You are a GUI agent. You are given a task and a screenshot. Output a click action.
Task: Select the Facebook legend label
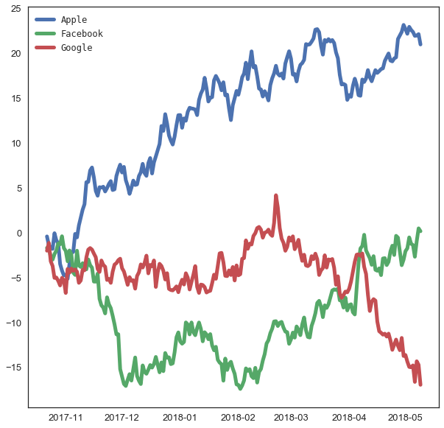82,34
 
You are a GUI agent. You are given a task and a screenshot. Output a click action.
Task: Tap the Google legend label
77,48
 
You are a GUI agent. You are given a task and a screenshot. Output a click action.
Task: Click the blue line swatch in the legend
46,19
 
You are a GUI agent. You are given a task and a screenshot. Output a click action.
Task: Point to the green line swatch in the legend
46,34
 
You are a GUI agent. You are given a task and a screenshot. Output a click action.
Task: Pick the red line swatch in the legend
46,48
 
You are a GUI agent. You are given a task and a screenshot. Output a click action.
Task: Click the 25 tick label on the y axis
15,8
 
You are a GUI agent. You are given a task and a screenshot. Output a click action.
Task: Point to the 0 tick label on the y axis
18,233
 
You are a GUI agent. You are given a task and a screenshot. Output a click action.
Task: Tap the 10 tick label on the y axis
15,143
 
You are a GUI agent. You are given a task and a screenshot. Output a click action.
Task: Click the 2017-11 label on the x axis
66,418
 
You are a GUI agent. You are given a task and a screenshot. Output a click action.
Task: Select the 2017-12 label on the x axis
122,418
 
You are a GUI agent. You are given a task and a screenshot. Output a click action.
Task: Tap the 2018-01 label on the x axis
180,418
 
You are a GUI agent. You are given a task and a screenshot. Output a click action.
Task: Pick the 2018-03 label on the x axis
291,418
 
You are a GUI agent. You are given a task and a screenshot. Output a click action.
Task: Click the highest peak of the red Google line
275,196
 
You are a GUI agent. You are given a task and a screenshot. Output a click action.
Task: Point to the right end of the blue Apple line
420,44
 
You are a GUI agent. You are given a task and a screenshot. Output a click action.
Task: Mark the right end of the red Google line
420,384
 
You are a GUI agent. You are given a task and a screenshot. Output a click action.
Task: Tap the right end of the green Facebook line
420,231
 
